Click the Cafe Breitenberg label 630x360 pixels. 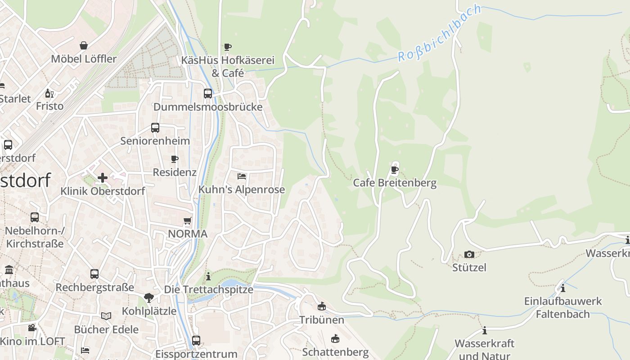click(395, 183)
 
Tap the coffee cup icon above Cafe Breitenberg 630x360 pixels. click(395, 170)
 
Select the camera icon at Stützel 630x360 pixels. click(469, 254)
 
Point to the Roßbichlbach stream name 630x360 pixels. click(439, 34)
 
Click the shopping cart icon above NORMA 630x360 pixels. click(188, 220)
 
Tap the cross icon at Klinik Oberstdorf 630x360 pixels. click(103, 178)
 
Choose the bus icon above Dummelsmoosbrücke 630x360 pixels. click(208, 94)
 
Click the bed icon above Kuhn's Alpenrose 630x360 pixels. click(242, 176)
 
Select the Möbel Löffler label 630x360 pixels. click(84, 59)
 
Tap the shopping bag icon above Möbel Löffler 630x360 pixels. click(84, 45)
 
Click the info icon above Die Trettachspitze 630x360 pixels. click(208, 276)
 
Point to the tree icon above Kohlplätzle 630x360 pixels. click(148, 297)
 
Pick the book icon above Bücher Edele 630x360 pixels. click(106, 316)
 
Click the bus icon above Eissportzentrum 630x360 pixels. click(196, 340)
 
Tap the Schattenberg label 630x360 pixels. click(335, 352)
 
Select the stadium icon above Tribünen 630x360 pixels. click(322, 307)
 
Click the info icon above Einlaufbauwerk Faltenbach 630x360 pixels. click(562, 288)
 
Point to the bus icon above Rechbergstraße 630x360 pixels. click(94, 274)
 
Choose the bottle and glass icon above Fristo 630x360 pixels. click(49, 94)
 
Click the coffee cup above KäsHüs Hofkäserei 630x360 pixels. click(228, 47)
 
